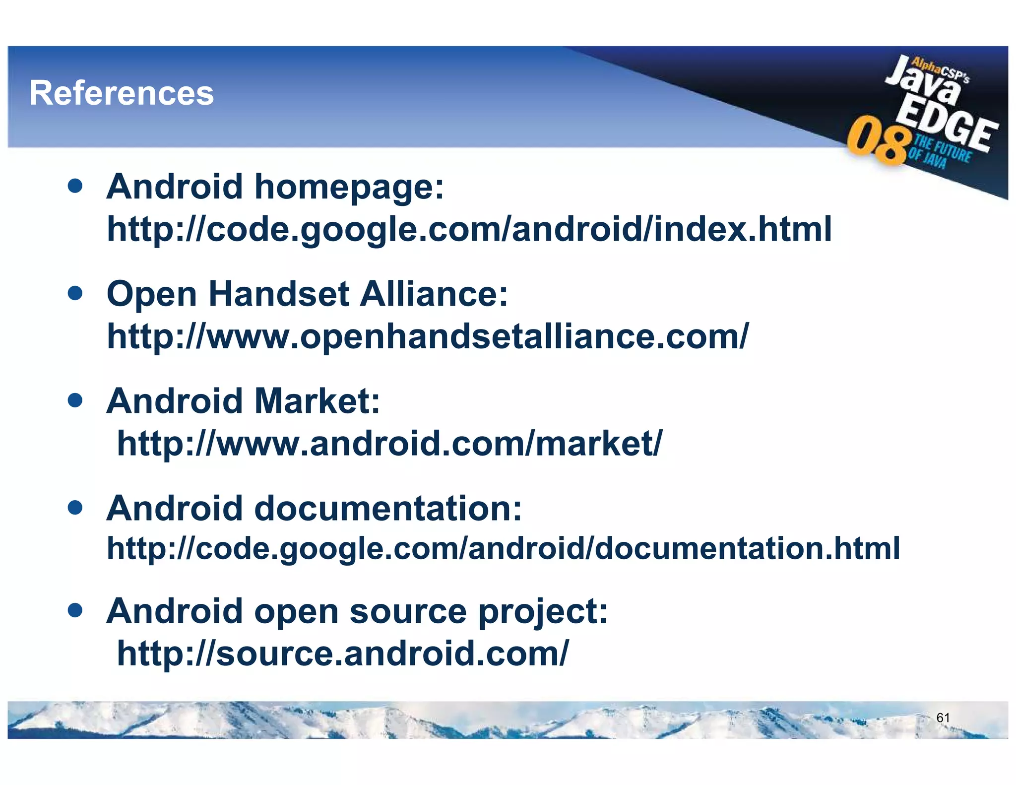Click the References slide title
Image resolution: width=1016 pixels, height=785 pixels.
tap(122, 93)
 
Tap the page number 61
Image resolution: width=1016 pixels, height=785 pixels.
tap(943, 718)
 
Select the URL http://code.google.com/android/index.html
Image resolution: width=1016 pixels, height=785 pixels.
tap(469, 229)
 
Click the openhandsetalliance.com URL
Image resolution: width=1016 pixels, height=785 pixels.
tap(428, 336)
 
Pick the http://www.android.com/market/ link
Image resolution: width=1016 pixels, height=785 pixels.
tap(389, 443)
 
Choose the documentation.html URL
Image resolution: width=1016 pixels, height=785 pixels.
tap(503, 548)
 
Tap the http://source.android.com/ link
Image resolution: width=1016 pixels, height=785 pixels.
tap(342, 653)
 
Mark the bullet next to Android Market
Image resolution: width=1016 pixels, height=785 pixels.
tap(75, 400)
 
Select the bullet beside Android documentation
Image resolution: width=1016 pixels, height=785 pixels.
tap(75, 508)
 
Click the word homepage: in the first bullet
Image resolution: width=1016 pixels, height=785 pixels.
tap(349, 188)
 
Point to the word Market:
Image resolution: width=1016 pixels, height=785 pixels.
tap(317, 401)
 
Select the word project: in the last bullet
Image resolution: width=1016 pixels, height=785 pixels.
tap(543, 611)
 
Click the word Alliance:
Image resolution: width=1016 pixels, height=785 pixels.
tap(434, 294)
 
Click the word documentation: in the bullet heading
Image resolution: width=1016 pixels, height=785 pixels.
tap(388, 509)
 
